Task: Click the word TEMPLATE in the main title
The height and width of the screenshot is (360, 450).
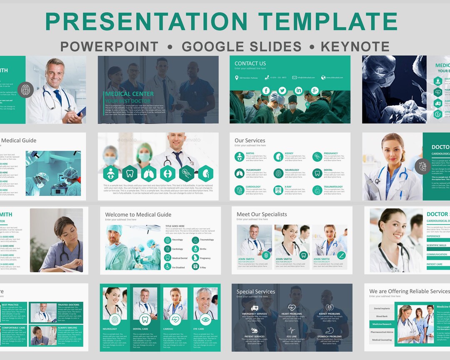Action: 327,22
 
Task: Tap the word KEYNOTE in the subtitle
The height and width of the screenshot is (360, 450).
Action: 355,47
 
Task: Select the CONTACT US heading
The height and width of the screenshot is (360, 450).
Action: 250,63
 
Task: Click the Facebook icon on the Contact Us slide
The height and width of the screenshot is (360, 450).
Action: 266,90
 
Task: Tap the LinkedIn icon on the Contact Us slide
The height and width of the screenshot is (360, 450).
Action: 298,90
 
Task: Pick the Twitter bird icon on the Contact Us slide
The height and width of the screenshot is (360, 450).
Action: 282,90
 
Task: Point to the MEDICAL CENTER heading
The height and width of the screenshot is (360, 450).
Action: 129,94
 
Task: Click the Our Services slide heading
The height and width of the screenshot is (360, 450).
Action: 250,140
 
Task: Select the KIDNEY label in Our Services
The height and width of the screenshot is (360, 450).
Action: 289,153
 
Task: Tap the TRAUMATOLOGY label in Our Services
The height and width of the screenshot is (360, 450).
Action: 333,187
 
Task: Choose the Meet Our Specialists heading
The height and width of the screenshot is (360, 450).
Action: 262,214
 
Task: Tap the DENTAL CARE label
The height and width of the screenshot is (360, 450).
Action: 140,329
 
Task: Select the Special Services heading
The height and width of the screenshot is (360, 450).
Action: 256,292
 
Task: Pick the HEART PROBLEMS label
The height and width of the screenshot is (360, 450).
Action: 291,314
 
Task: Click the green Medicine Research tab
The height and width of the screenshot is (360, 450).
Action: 382,324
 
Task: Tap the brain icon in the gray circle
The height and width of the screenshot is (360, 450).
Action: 25,89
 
